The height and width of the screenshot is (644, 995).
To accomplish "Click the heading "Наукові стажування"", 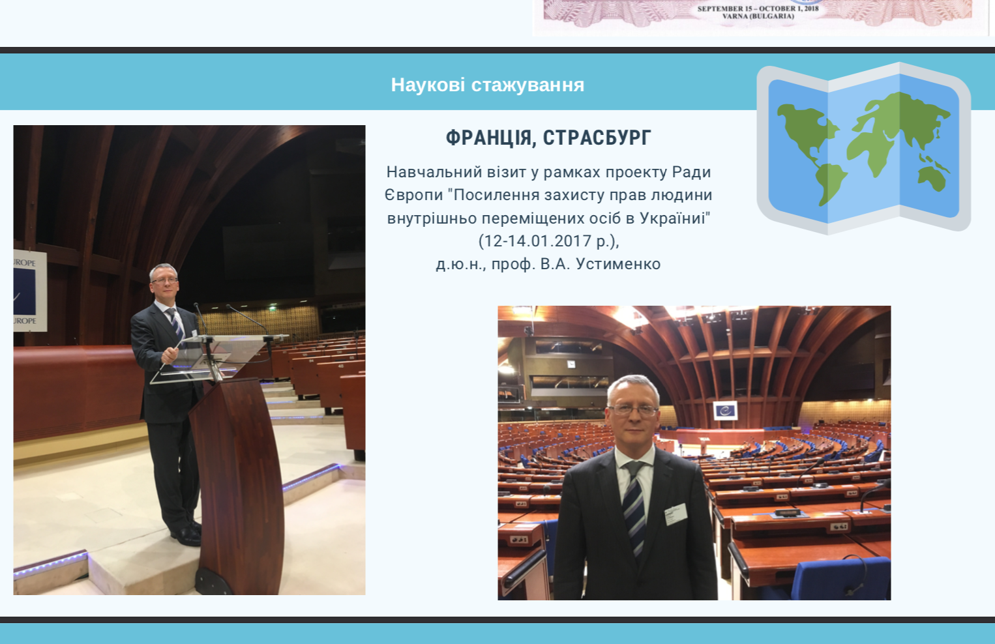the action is [487, 85].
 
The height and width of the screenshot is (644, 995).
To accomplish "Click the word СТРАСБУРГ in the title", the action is [597, 138].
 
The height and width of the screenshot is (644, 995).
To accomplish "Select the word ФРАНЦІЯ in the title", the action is [489, 138].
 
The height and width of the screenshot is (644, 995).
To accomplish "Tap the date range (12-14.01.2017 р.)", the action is [548, 241].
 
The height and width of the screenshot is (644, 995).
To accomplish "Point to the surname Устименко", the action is [618, 264].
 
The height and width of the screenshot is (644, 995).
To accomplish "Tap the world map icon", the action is [863, 149].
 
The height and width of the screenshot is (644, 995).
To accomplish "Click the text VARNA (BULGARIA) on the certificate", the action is [758, 16].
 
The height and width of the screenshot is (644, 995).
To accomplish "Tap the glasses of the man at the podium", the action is [164, 280].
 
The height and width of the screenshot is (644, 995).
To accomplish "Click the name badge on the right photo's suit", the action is [676, 514].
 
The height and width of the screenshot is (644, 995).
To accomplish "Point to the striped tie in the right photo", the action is [634, 506].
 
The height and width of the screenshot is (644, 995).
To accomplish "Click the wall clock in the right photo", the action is [571, 364].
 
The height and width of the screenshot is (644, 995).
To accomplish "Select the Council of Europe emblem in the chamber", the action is [725, 410].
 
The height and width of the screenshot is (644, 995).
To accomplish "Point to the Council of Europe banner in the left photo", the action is [30, 291].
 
